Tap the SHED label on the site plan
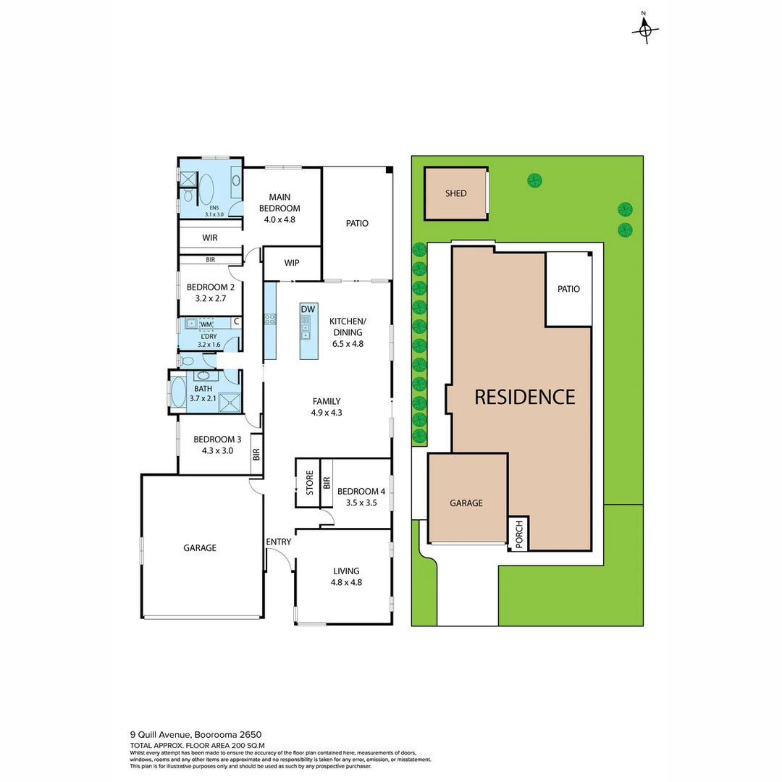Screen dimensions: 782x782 [x=455, y=193]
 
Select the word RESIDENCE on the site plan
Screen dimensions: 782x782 [x=524, y=397]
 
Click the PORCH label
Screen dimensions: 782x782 [x=518, y=534]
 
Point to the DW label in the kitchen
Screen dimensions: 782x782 [x=308, y=310]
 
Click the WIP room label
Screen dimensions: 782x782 [x=292, y=263]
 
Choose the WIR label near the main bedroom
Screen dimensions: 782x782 [x=210, y=237]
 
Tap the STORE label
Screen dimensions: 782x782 [x=309, y=483]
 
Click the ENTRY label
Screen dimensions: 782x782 [x=279, y=542]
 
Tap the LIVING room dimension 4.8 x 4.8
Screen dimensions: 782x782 [x=346, y=582]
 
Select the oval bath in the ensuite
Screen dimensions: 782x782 [x=206, y=189]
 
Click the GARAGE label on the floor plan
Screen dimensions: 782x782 [x=199, y=548]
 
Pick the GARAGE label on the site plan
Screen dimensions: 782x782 [x=466, y=503]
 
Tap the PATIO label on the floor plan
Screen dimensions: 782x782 [x=357, y=223]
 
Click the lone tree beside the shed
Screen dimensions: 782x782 [x=534, y=180]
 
